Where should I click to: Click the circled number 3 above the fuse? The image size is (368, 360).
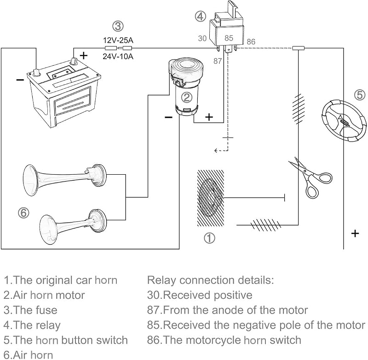tap(118, 26)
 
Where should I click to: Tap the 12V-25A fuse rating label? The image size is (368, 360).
tap(118, 40)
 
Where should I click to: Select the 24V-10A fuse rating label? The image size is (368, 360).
tap(118, 57)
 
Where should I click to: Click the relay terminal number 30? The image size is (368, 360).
tap(202, 38)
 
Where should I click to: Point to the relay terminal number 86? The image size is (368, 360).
tap(251, 42)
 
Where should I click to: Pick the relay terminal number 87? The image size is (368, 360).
tap(218, 61)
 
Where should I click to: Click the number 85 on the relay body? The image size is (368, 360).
tap(229, 38)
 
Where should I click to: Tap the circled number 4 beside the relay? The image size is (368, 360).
tap(201, 17)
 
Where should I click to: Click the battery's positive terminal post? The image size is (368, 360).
tap(75, 61)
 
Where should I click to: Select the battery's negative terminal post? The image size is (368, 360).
tap(36, 73)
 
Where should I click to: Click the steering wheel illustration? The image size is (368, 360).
tap(343, 121)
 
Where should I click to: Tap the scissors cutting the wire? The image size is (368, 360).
tap(310, 177)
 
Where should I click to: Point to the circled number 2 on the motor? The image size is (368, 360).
tap(187, 97)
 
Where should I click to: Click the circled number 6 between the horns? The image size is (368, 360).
tap(24, 213)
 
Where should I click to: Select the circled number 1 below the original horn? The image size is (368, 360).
tap(209, 238)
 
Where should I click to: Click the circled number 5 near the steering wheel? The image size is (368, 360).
tap(360, 95)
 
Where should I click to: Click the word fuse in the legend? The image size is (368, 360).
tap(47, 310)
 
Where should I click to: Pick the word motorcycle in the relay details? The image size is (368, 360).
tap(202, 340)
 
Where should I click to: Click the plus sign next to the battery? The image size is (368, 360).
tap(84, 56)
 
